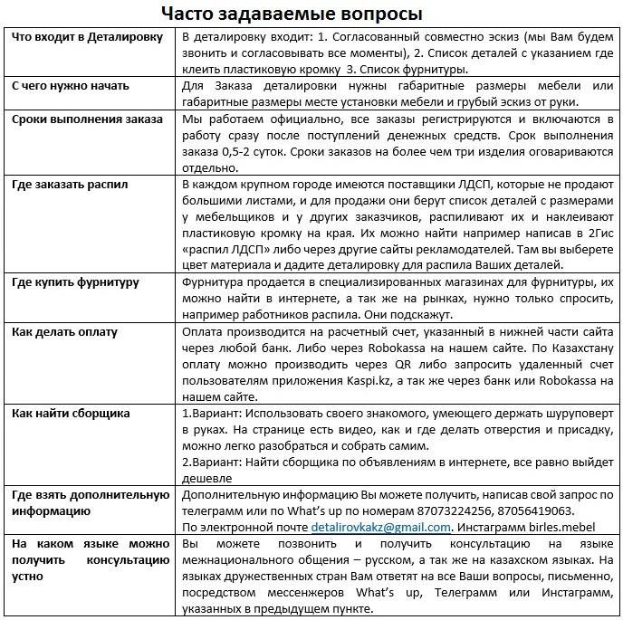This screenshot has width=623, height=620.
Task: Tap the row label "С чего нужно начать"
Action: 70,86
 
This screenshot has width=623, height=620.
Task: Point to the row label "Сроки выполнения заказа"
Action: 86,119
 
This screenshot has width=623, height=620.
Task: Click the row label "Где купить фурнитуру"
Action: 75,282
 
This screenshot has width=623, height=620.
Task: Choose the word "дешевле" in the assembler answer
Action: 207,478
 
